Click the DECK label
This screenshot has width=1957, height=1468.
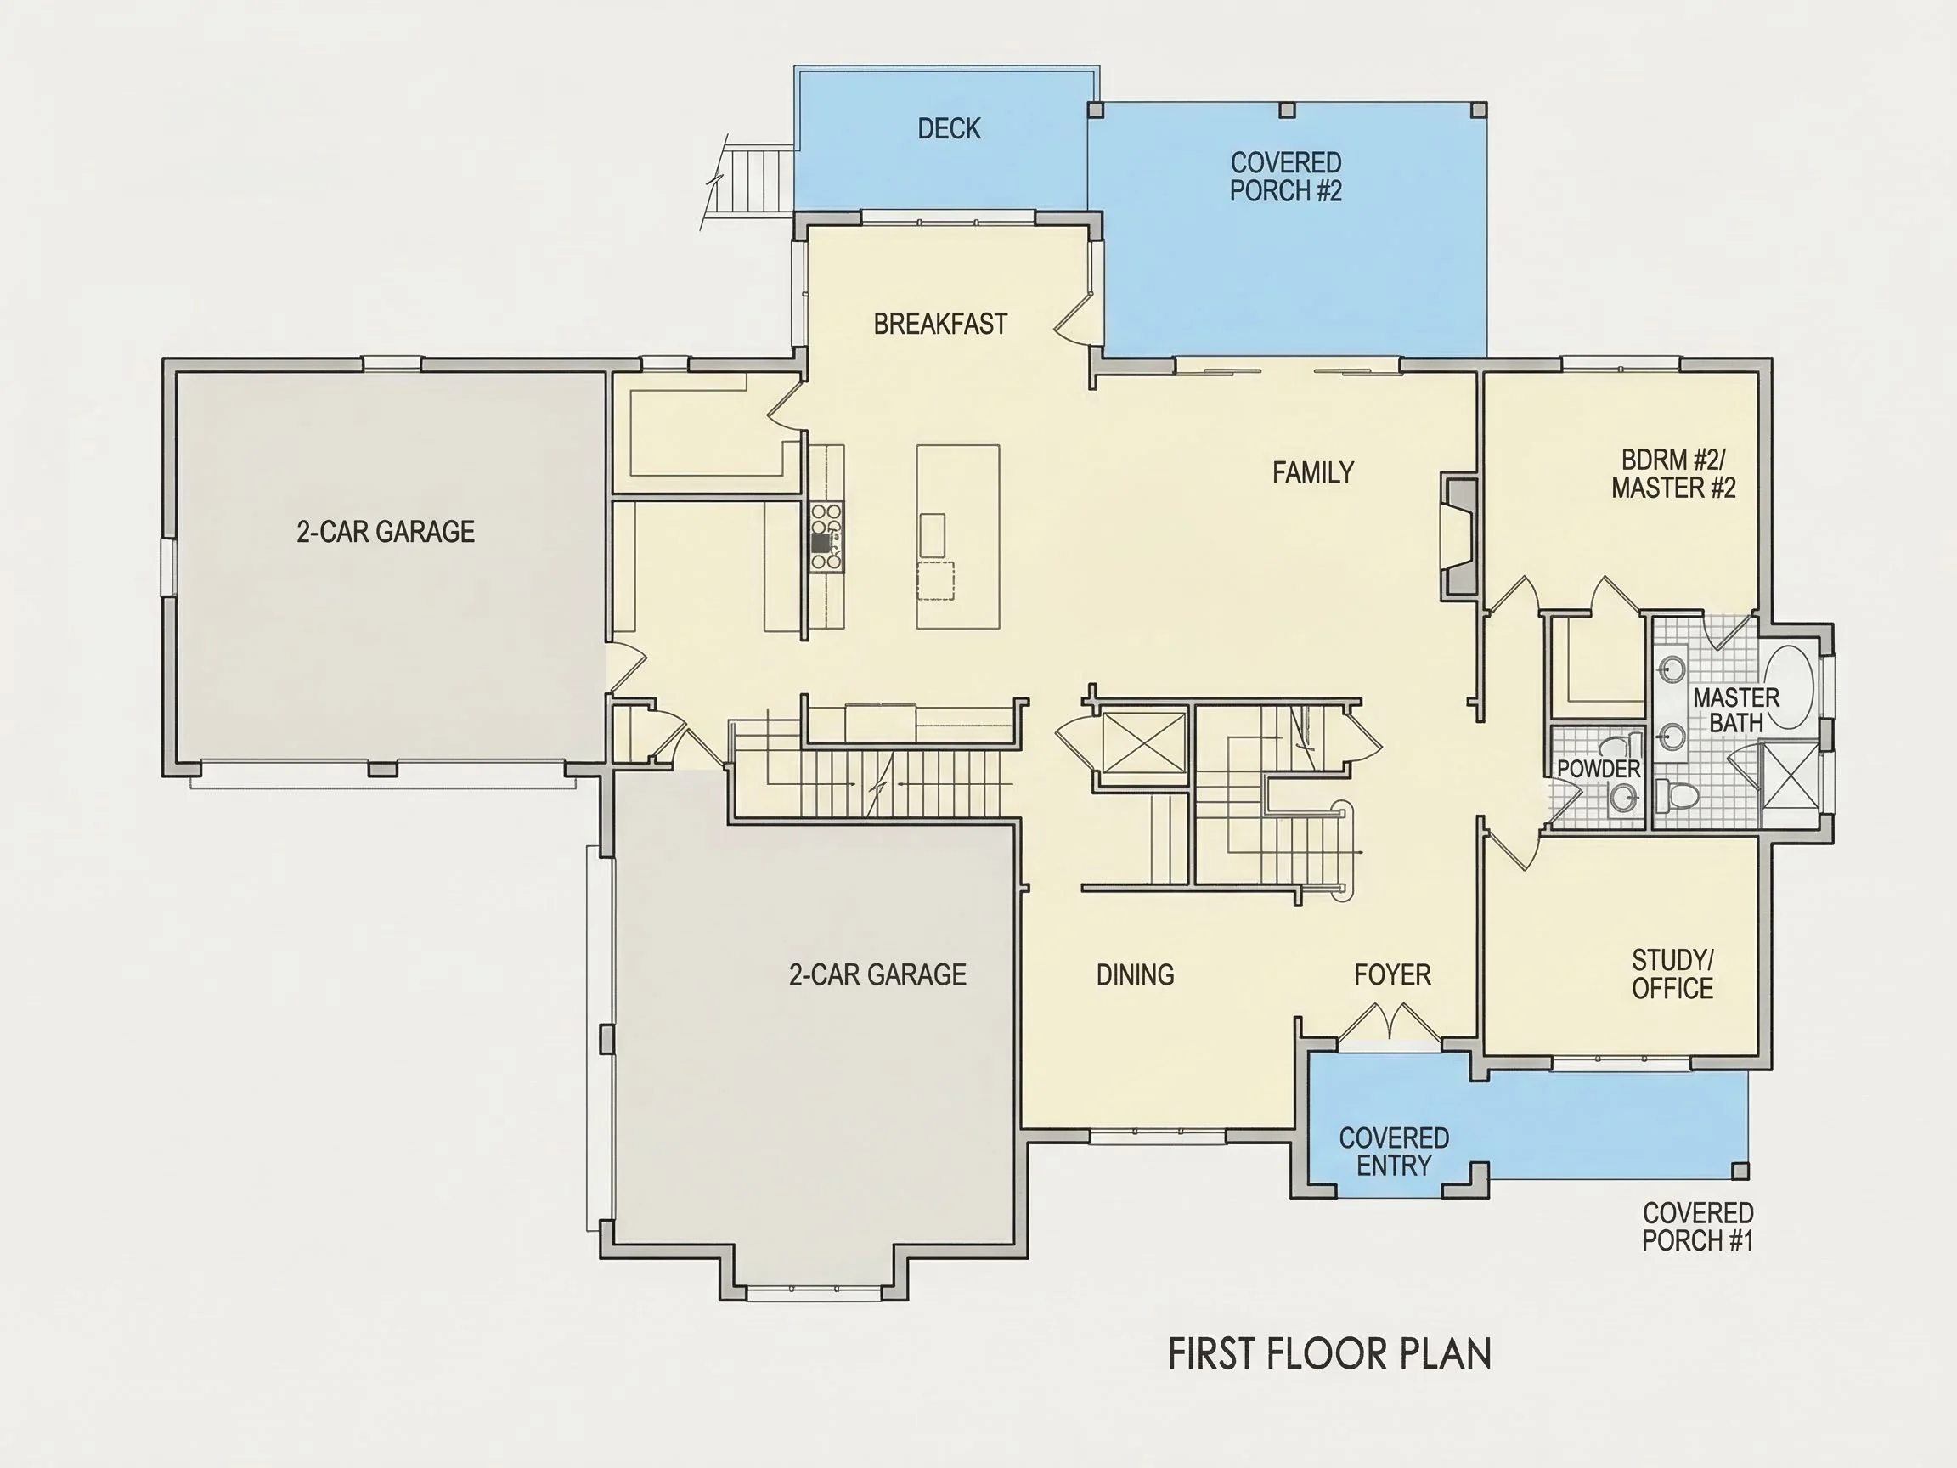pos(949,129)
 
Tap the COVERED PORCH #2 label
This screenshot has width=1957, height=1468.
pos(1285,176)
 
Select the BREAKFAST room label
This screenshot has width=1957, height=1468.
pos(939,324)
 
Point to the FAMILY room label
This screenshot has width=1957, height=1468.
pos(1313,472)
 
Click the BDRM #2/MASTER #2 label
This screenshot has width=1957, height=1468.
pos(1673,473)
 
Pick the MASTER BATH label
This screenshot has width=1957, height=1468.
pos(1736,709)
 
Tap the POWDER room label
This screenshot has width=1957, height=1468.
pos(1599,769)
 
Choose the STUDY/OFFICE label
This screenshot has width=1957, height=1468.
pos(1672,974)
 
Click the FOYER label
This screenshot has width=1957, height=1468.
pos(1392,974)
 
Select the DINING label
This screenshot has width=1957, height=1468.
pos(1135,974)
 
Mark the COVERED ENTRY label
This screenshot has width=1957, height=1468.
pos(1394,1151)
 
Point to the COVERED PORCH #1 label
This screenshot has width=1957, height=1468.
pos(1698,1227)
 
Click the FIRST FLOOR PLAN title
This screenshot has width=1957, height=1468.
pos(1330,1355)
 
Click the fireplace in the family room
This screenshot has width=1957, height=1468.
pos(1459,535)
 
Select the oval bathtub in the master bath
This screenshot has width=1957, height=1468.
pos(1790,686)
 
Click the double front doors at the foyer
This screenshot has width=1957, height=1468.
pos(1391,1025)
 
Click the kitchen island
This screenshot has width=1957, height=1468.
pos(958,536)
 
